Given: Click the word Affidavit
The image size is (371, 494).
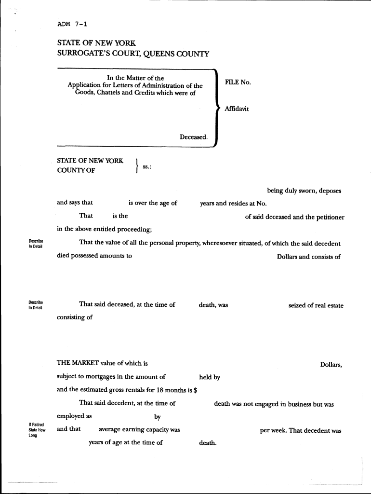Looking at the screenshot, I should click(237, 109).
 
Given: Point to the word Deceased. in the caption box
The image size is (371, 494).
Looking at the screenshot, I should click(194, 137).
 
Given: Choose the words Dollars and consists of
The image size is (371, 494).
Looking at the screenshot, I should click(308, 257).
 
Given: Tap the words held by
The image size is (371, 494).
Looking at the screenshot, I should click(210, 377).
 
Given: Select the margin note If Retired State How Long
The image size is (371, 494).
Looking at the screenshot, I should click(37, 429).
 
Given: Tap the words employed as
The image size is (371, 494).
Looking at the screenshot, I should click(74, 416).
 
